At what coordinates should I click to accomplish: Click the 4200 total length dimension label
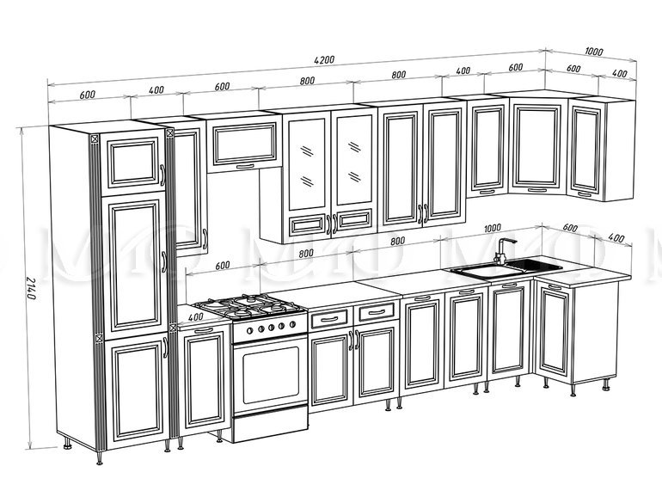324,59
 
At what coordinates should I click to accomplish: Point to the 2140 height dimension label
31,288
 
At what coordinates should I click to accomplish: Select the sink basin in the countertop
487,271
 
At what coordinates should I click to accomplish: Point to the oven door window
271,375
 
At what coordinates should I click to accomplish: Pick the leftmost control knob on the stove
249,330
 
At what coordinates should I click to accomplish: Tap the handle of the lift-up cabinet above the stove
245,167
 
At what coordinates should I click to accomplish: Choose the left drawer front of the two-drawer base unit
329,319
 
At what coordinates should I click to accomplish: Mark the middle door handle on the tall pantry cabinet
164,262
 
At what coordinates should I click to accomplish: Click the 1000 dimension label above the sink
493,229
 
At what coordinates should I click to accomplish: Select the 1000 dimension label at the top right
594,52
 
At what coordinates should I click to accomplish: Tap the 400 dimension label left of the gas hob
195,316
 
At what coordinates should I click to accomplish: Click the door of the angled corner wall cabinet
537,145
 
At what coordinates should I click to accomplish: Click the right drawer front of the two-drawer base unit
377,312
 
